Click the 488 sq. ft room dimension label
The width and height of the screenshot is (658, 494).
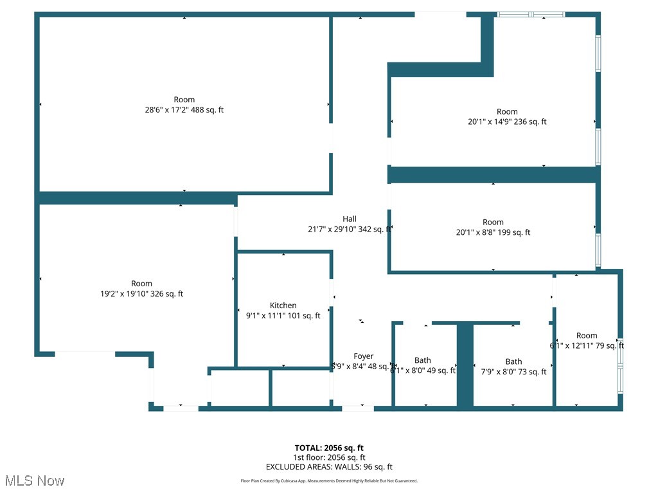(184, 110)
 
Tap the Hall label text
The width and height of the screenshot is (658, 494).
(349, 219)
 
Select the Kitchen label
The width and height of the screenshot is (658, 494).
(283, 306)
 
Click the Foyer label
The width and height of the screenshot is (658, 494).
(363, 356)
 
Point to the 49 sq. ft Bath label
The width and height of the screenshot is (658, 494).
(423, 360)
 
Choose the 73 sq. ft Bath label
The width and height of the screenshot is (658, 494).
(513, 361)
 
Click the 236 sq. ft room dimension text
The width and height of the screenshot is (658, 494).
(507, 122)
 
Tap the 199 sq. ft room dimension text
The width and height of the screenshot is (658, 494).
(493, 233)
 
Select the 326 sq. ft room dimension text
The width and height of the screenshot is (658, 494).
(141, 294)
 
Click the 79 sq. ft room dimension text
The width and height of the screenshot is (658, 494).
(587, 345)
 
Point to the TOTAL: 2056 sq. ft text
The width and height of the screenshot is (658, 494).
(329, 448)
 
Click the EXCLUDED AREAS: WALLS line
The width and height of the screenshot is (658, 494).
(329, 467)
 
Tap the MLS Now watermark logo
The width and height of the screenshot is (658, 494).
(34, 480)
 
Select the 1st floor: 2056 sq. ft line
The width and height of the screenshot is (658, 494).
(329, 457)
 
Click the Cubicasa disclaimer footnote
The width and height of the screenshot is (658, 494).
(329, 481)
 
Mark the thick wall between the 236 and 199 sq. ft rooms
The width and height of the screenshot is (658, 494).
(493, 174)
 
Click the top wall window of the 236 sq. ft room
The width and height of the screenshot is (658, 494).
(531, 14)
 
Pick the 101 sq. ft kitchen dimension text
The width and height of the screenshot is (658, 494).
(283, 316)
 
